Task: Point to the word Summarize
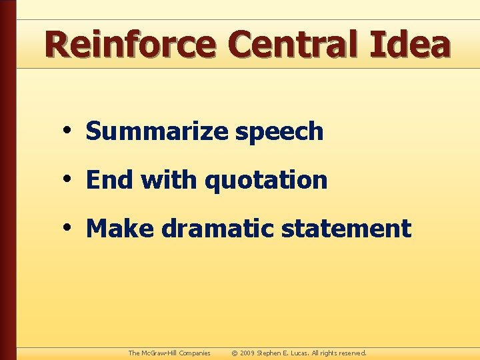tap(157, 132)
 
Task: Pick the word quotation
tap(266, 181)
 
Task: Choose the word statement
tap(346, 229)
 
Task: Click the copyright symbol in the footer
tap(235, 353)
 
